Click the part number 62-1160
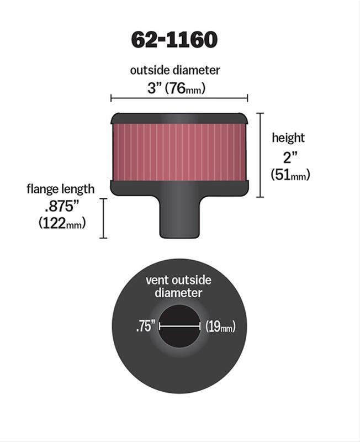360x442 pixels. coord(174,40)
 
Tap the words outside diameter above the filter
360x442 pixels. coord(175,70)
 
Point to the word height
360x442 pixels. coord(288,138)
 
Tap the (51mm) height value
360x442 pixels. coord(290,175)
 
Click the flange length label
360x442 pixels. coord(60,189)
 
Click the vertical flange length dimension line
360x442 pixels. coord(103,218)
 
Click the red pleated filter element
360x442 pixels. coord(179,152)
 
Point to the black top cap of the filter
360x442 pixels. coord(179,118)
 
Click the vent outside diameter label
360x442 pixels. coord(178,286)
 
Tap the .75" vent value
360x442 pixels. coord(145,327)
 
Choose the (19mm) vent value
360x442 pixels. coord(220,327)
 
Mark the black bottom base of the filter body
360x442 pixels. coord(179,188)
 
